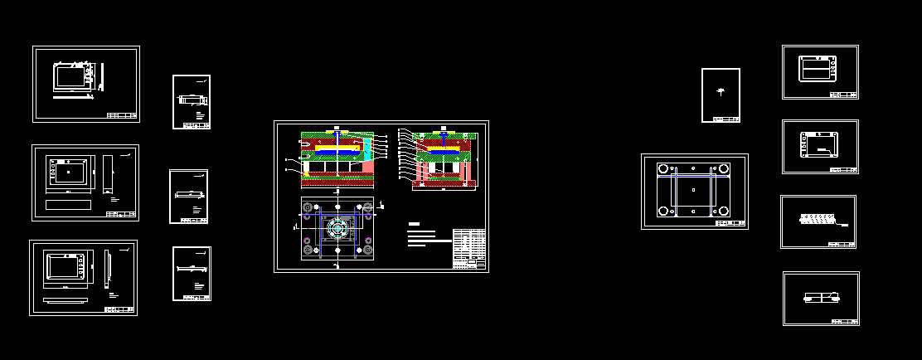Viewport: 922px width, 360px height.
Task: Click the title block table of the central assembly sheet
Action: click(x=469, y=248)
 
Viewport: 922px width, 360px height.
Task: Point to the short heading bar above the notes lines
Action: click(x=415, y=224)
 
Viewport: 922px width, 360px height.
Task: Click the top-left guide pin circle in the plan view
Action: click(x=308, y=207)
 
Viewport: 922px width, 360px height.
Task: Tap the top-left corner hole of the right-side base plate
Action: click(x=662, y=168)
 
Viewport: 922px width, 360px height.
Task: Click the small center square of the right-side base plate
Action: click(x=693, y=189)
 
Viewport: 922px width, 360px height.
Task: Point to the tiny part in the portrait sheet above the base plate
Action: click(x=720, y=91)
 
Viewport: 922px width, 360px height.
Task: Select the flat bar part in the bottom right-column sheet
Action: click(x=821, y=297)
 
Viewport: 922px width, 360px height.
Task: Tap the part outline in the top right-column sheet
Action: click(x=819, y=68)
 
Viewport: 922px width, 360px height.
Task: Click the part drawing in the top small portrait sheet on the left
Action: click(x=191, y=100)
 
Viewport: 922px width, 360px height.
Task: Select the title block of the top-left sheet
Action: click(x=122, y=115)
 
